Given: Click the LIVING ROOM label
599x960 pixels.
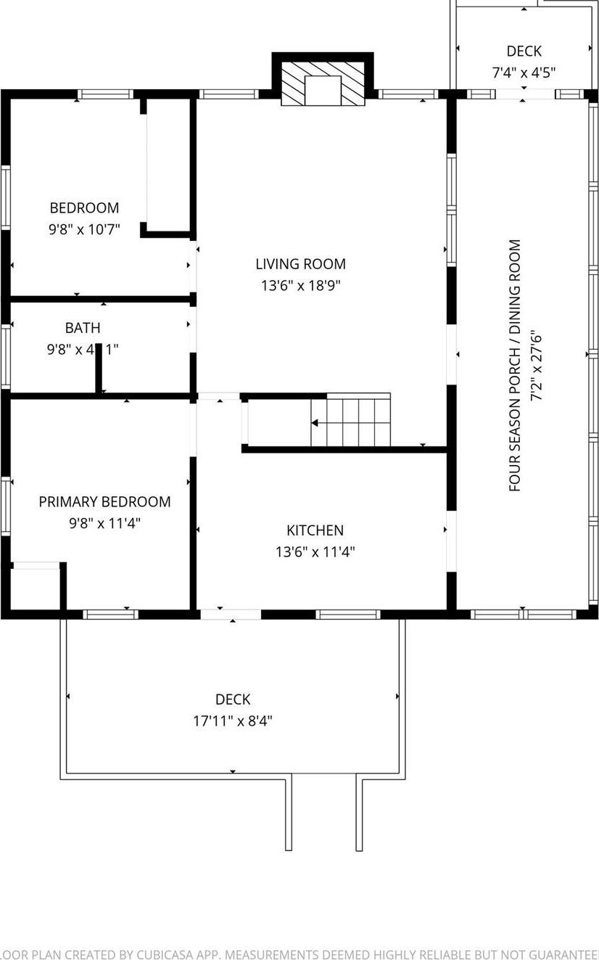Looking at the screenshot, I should coord(300,264).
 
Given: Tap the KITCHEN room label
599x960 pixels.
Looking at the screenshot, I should coord(315,530).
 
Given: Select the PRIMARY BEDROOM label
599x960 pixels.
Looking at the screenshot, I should coord(104,501).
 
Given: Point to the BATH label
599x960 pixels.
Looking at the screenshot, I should coord(83,328).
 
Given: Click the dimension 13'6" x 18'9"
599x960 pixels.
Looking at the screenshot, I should coord(300,285).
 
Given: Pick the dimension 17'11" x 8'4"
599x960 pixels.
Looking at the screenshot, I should coord(233,721).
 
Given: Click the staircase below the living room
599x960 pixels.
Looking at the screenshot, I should coord(351,422).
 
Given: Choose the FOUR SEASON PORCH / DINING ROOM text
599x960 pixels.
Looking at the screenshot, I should coord(516,366).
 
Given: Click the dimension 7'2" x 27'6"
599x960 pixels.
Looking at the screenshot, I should coord(537,366).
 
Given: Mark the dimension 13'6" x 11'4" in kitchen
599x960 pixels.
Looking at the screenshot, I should coord(315,551).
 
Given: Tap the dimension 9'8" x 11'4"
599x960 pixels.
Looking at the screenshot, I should coord(104,522).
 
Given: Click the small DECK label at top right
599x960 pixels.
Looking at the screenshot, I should coord(524,51).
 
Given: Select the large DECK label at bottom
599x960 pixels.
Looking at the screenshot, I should coord(233,700).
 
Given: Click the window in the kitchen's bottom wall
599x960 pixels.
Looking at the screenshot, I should coord(348,615).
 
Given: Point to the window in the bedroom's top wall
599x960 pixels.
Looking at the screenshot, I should coord(105,94).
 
